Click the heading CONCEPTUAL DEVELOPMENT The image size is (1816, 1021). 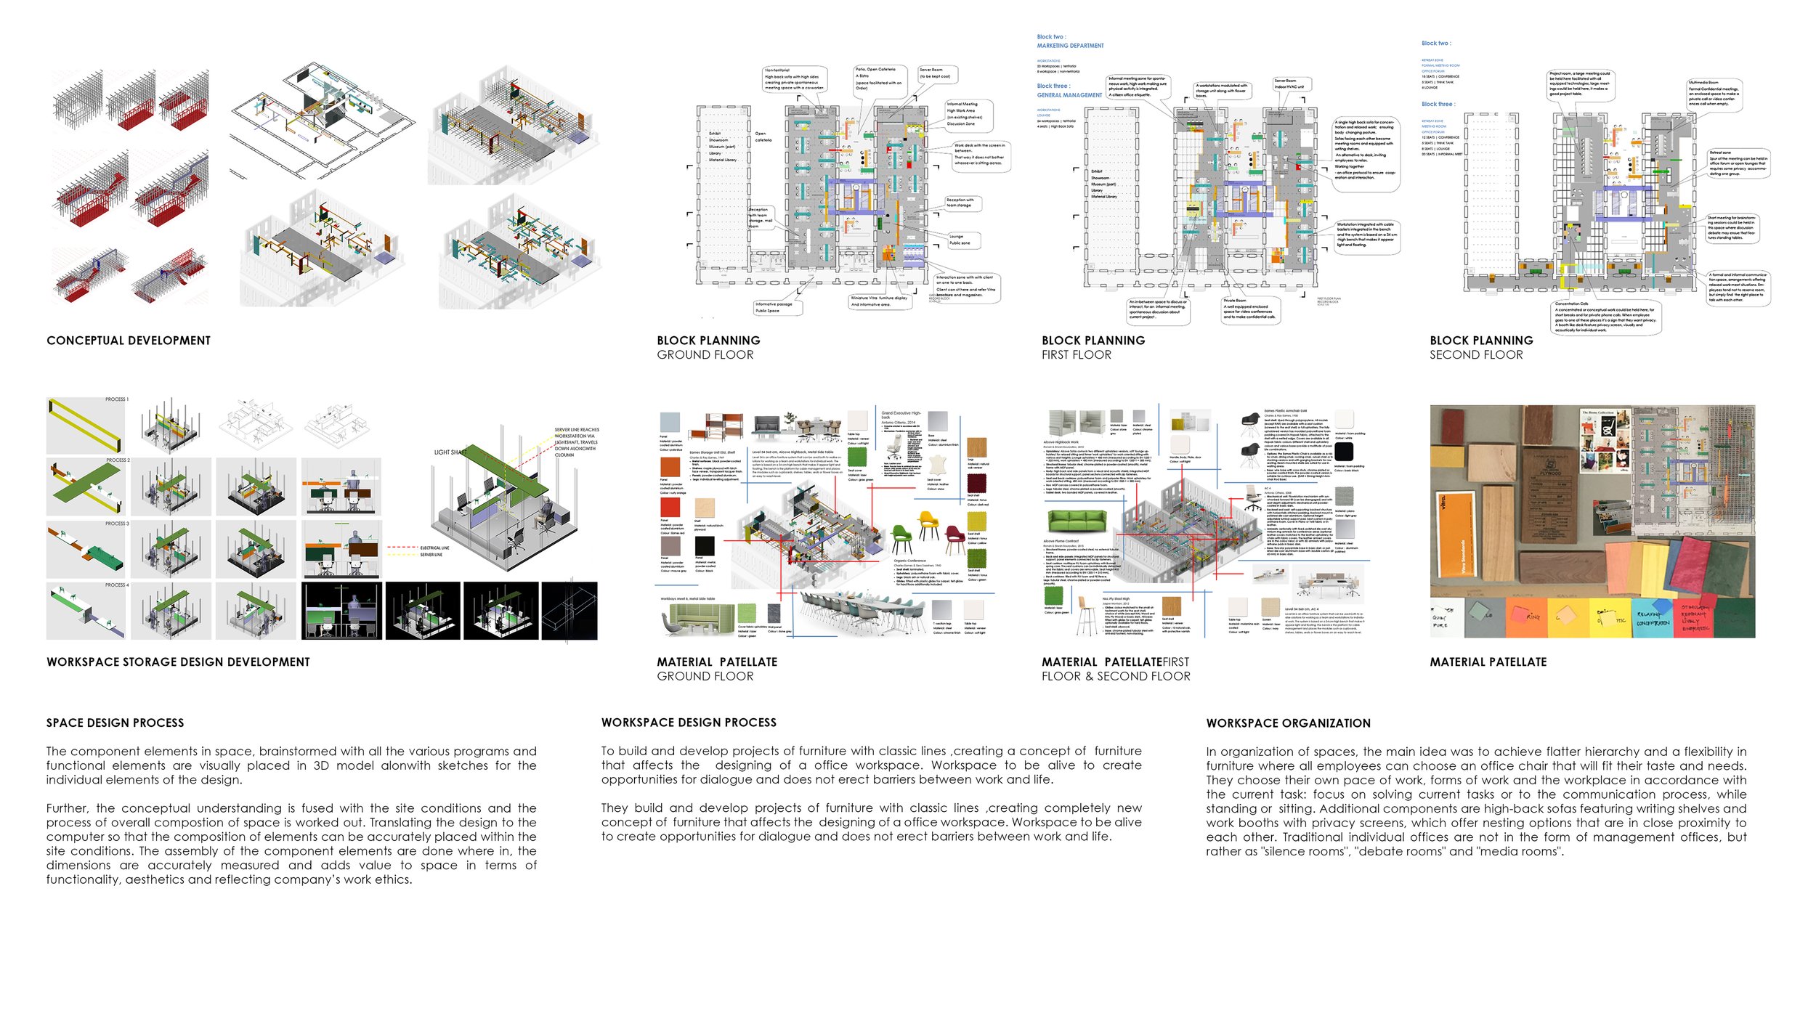pyautogui.click(x=129, y=341)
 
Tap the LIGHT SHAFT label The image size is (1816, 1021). pyautogui.click(x=450, y=452)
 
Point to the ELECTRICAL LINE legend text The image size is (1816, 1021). pyautogui.click(x=434, y=548)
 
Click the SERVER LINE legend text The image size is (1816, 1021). pyautogui.click(x=431, y=555)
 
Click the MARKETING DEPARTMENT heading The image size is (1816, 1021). pyautogui.click(x=1070, y=46)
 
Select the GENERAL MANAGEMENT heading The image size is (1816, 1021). pyautogui.click(x=1069, y=95)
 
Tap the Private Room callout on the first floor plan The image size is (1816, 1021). pyautogui.click(x=1249, y=309)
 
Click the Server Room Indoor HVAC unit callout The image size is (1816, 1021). pyautogui.click(x=1289, y=84)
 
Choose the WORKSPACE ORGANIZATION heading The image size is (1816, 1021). pyautogui.click(x=1288, y=723)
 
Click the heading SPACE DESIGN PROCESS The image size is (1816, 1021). pyautogui.click(x=115, y=723)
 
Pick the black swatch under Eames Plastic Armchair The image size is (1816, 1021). pyautogui.click(x=1343, y=452)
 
